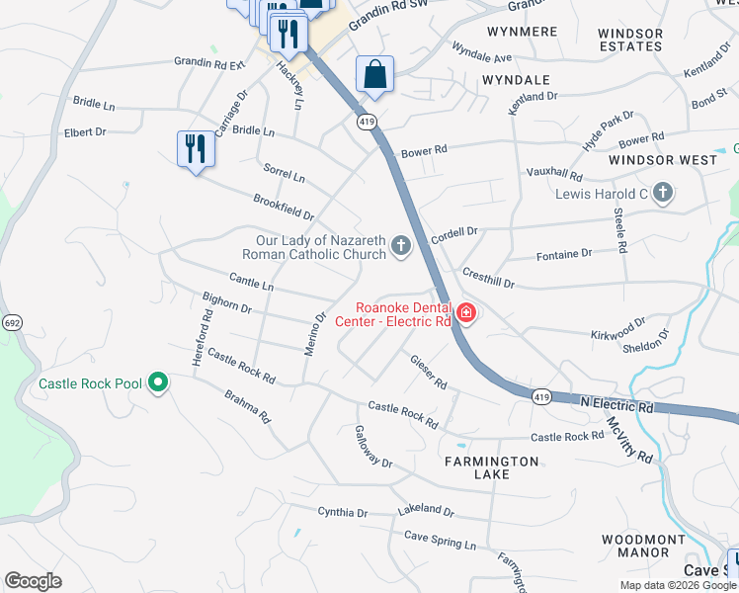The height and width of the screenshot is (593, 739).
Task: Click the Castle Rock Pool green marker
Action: coord(157,383)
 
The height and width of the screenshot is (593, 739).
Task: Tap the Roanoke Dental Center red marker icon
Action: coord(465,315)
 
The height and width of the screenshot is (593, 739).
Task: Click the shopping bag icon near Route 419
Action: coord(374,74)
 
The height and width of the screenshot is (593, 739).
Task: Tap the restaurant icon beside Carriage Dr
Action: coord(195,149)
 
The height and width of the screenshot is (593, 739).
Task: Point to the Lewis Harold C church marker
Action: coord(663,193)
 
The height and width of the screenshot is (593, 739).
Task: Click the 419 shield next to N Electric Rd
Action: coord(539,396)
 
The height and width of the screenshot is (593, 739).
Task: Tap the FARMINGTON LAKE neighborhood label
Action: coord(491,467)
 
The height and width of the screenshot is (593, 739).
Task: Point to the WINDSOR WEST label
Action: coord(662,160)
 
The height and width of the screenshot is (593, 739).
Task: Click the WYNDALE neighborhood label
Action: coord(515,79)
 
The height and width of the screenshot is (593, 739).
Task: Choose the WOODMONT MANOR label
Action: coord(643,546)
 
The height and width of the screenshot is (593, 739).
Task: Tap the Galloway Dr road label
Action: coord(373,448)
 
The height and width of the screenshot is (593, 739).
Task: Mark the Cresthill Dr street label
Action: coord(488,277)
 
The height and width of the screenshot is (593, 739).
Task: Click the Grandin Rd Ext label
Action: coord(208,63)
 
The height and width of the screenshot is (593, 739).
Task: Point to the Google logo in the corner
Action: coord(33,581)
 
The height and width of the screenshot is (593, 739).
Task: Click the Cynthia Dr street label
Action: coord(342,513)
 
